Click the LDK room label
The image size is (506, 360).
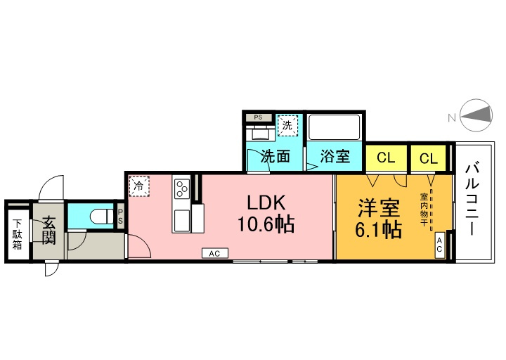click(x=266, y=202)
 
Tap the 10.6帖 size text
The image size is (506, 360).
click(x=266, y=224)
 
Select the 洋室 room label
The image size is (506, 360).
click(x=379, y=208)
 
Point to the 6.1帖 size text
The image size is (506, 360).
click(x=379, y=229)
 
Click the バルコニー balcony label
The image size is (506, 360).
click(x=472, y=200)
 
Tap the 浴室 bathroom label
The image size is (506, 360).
click(x=335, y=156)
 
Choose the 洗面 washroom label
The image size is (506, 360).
click(x=275, y=156)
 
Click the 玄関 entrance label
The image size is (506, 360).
click(x=48, y=230)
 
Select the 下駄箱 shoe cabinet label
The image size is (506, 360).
click(x=18, y=234)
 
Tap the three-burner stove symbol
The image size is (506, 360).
click(x=181, y=189)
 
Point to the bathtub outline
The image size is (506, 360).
click(x=335, y=127)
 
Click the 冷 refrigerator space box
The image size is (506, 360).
click(x=139, y=186)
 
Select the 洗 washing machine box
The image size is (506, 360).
click(x=287, y=125)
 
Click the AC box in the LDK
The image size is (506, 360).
click(x=215, y=253)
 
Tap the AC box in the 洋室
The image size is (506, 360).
click(x=439, y=245)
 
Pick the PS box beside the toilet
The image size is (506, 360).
click(x=120, y=217)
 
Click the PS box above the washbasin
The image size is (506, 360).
click(x=258, y=117)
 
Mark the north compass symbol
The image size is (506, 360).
click(x=476, y=115)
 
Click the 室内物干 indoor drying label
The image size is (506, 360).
click(x=424, y=210)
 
